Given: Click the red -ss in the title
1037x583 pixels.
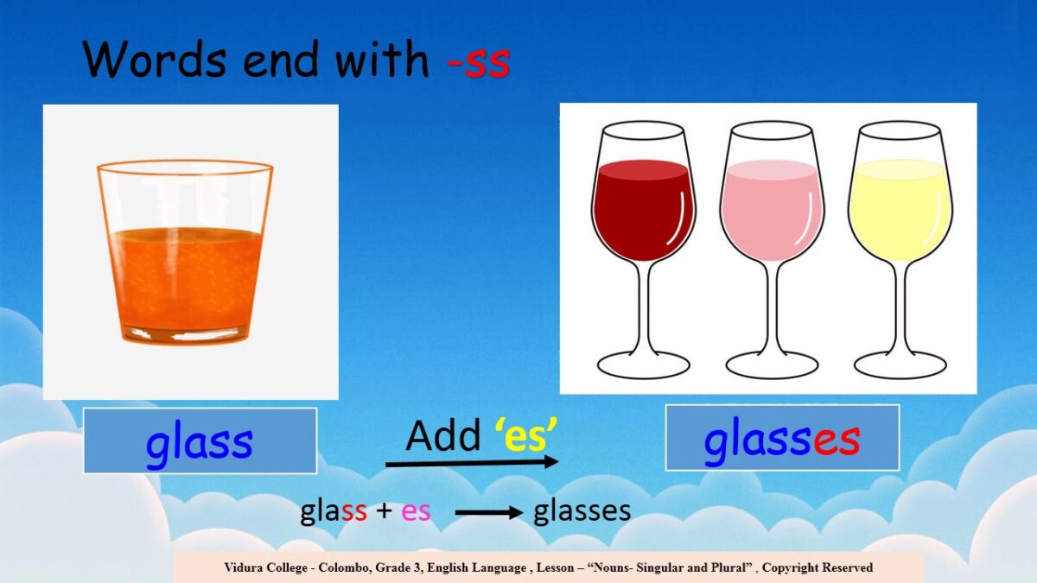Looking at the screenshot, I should (x=479, y=60).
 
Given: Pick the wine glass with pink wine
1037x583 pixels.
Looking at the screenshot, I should (x=771, y=207).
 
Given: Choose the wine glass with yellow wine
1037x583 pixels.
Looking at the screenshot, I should (x=900, y=207).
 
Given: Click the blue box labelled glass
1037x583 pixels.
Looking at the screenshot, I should (x=200, y=440).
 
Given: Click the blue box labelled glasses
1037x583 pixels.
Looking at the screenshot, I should (x=782, y=438).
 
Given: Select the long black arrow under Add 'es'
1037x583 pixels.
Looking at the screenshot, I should (x=471, y=464).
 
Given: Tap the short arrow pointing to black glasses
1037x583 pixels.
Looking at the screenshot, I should (x=489, y=513).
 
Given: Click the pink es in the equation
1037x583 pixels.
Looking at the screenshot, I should (x=416, y=511).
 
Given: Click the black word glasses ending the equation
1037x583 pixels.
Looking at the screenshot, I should (x=582, y=511).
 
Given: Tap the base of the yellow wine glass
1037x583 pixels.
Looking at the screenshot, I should (x=900, y=364).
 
